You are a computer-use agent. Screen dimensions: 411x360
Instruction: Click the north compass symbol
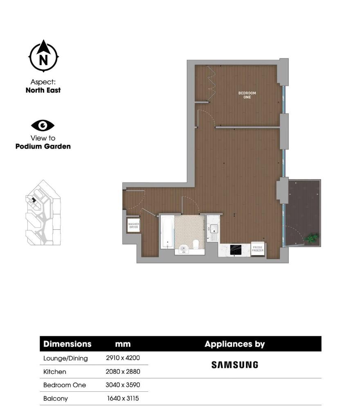click(43, 56)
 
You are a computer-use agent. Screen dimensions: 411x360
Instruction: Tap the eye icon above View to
click(43, 125)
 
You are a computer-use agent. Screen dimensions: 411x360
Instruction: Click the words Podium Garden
click(43, 146)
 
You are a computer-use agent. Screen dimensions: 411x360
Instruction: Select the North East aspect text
click(43, 90)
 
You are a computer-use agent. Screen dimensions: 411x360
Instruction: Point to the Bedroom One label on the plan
click(247, 95)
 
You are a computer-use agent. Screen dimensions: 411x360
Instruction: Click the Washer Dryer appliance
click(133, 225)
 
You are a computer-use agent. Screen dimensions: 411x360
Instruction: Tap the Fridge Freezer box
click(258, 249)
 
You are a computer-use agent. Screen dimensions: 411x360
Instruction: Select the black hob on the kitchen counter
click(236, 249)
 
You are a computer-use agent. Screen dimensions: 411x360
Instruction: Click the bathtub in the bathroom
click(167, 232)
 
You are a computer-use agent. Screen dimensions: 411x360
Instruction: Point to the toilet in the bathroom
click(196, 244)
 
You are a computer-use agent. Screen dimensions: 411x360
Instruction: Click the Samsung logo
click(234, 365)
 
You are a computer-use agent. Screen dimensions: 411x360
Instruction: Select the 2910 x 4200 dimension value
click(123, 358)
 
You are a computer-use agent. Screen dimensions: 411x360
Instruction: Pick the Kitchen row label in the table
click(55, 372)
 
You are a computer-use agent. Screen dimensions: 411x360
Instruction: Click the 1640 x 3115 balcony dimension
click(123, 398)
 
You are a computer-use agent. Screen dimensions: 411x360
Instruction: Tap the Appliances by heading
click(234, 344)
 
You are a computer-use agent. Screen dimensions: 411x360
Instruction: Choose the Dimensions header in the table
click(67, 344)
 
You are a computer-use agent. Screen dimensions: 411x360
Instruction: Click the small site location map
click(43, 213)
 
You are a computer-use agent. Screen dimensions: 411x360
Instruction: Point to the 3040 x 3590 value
click(123, 385)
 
